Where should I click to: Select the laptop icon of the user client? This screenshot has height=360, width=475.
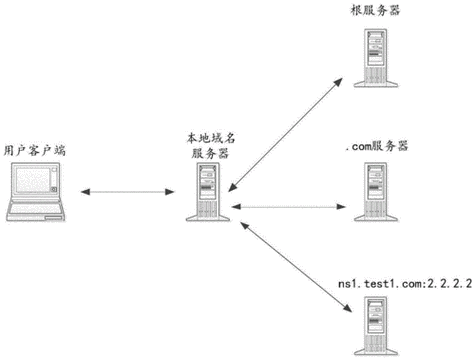point(38,192)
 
